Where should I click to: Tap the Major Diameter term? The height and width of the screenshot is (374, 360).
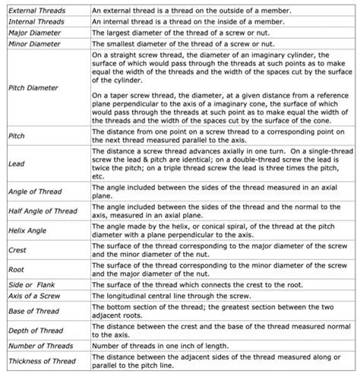(33, 33)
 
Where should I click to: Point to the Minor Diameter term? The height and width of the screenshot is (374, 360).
(33, 44)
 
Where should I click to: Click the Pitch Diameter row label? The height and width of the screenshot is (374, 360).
(33, 88)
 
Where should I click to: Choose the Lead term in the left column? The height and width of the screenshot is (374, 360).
(16, 163)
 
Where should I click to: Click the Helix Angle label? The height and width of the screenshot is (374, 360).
(28, 230)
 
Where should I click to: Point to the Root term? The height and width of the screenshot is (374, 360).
(16, 269)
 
